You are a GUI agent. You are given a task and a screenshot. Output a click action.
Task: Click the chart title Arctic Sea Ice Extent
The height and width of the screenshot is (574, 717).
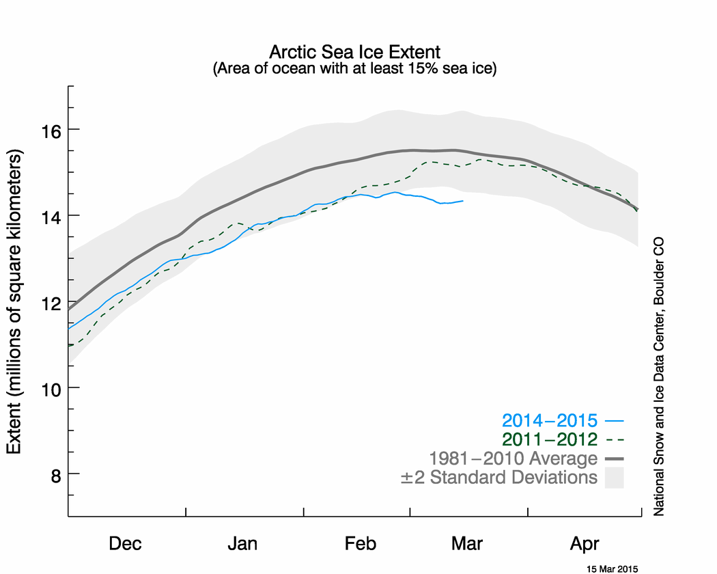click(355, 53)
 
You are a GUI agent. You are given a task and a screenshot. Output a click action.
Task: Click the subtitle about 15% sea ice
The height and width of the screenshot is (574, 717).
click(355, 68)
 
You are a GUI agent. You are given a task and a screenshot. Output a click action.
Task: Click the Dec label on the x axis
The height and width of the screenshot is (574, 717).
click(126, 544)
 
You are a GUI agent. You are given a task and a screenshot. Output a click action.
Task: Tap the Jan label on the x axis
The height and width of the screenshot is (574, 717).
click(242, 544)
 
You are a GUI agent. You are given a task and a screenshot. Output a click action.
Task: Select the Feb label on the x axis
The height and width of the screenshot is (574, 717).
click(360, 544)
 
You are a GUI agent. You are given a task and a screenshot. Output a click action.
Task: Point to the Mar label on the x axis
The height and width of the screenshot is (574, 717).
click(467, 544)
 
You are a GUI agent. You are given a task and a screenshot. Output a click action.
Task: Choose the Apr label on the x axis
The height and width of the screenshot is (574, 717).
click(585, 544)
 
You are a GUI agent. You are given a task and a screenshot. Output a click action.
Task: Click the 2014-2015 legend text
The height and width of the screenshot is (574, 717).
click(550, 420)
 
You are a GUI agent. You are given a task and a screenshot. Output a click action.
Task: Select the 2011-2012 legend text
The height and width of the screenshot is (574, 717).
click(550, 439)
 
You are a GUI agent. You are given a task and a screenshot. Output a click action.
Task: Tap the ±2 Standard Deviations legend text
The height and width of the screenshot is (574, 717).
click(498, 477)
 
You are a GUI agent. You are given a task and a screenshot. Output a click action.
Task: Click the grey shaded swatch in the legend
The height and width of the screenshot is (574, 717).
click(615, 478)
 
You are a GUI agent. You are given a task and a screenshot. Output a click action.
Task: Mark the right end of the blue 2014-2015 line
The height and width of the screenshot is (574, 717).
click(463, 201)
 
